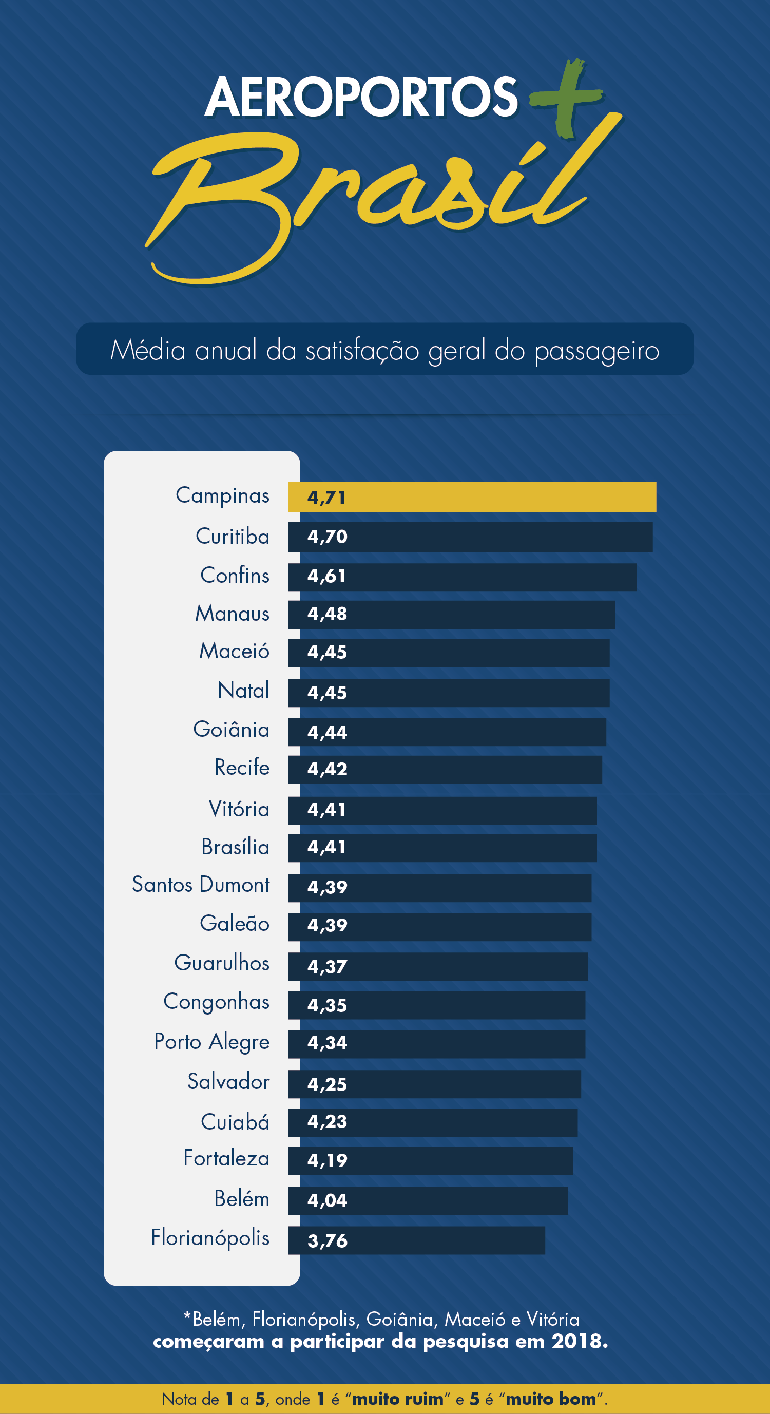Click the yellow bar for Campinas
tap(472, 498)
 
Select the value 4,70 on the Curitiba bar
tap(327, 537)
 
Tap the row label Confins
tap(235, 576)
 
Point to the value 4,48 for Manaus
tap(327, 614)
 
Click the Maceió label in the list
tap(235, 652)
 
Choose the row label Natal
tap(243, 691)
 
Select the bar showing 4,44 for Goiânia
tap(447, 732)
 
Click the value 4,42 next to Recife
tap(327, 770)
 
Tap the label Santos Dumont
tap(201, 885)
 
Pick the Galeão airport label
tap(235, 924)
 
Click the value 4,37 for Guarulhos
tap(327, 967)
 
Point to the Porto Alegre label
tap(212, 1042)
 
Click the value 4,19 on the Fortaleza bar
tap(327, 1160)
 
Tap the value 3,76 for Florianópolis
tap(327, 1241)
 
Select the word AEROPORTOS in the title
tap(361, 97)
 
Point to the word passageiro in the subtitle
tap(596, 351)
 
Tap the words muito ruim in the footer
tap(397, 1399)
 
